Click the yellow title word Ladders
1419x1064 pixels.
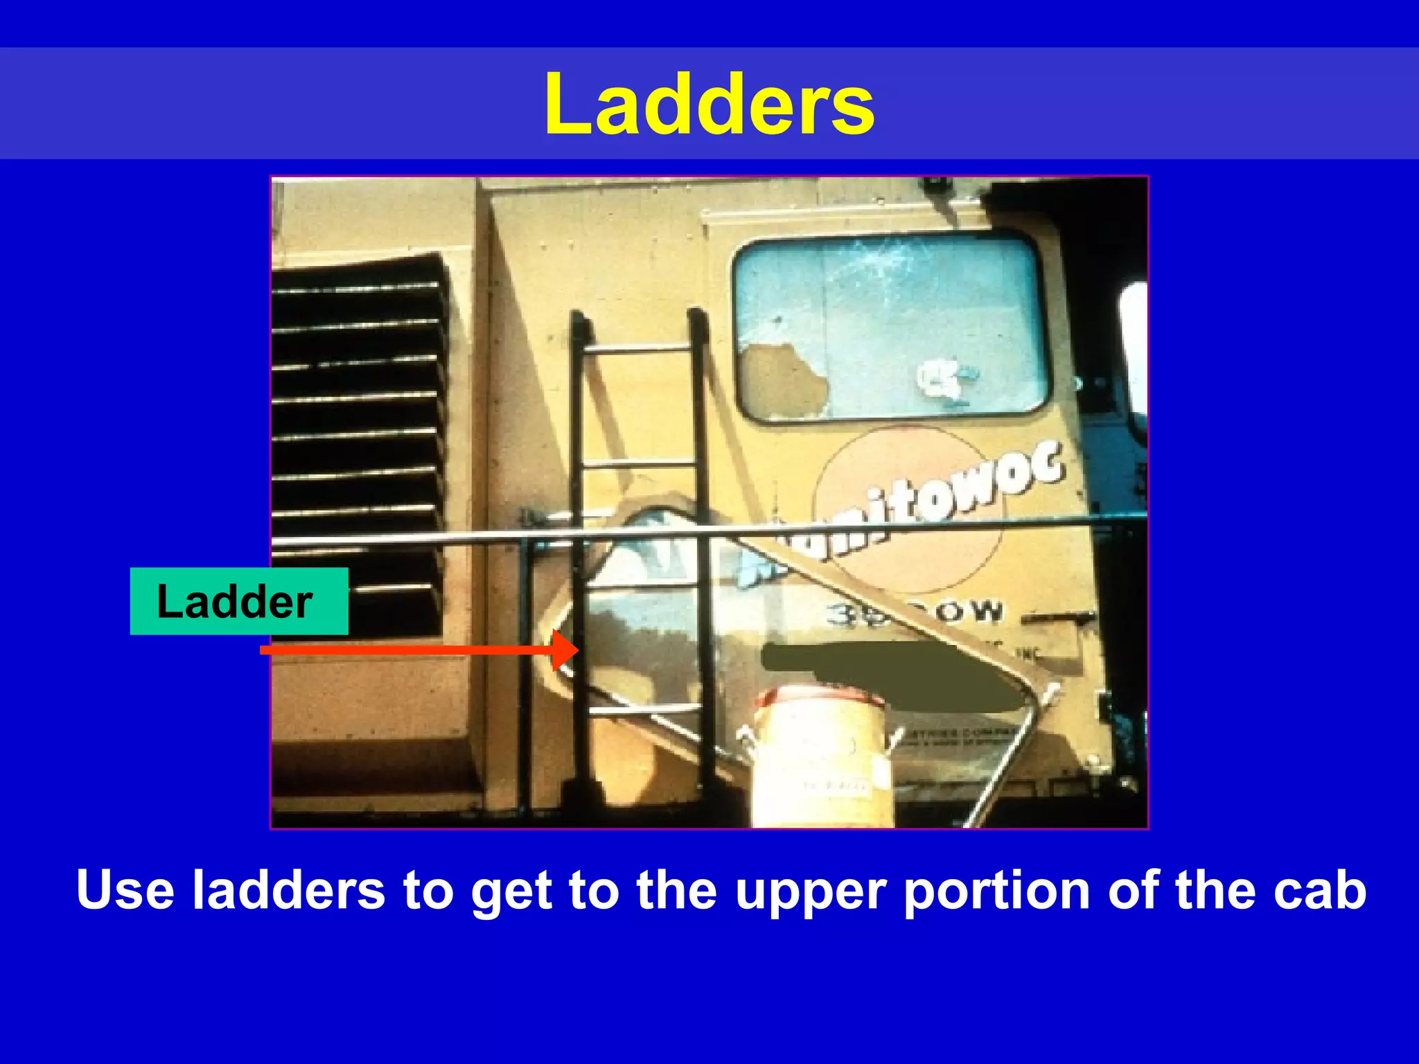[x=709, y=105]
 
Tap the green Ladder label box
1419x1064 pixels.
[x=238, y=601]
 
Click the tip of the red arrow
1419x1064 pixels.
[x=576, y=650]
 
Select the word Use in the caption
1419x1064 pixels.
[x=125, y=889]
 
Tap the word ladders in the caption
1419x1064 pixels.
[x=288, y=889]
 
